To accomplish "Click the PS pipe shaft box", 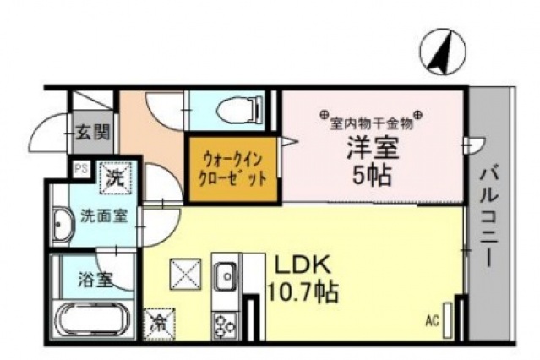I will coord(82,167).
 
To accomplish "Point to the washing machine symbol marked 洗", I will coord(115,177).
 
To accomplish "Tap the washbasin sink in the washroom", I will coord(63,226).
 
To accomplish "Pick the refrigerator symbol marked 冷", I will coord(157,322).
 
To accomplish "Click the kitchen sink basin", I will coord(227,275).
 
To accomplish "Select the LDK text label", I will coord(298,262).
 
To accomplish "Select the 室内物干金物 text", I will coord(372,122).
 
